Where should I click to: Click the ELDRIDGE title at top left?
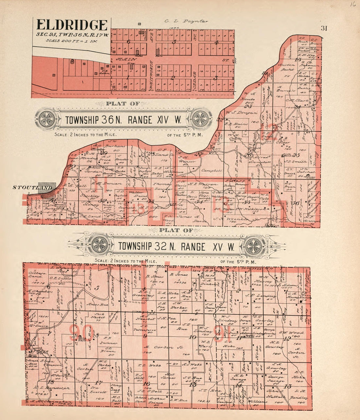72,25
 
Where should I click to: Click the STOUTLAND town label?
32,187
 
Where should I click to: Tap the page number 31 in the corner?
324,28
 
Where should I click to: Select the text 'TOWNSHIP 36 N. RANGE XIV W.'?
123,120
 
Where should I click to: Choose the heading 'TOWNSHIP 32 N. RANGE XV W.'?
176,246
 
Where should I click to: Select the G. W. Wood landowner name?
289,333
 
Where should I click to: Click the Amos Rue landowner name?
93,304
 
